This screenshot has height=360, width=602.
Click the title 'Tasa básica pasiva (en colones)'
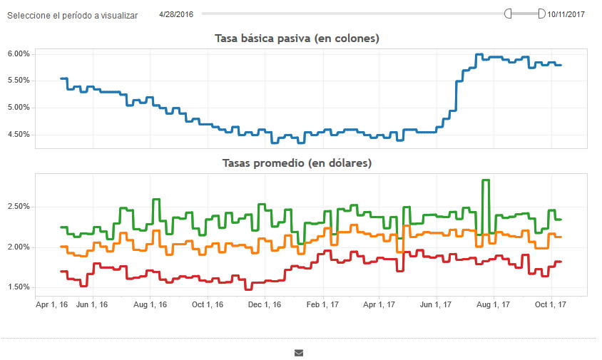(x=297, y=38)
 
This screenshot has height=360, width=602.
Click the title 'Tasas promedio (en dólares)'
(x=297, y=163)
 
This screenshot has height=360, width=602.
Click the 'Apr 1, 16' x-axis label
(x=52, y=304)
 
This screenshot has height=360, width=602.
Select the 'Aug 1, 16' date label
(x=150, y=304)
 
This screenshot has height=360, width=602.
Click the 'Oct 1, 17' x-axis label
(x=550, y=304)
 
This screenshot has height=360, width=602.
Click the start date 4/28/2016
(x=176, y=14)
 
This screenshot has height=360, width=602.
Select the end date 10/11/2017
(x=566, y=14)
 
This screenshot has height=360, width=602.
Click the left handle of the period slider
(x=508, y=14)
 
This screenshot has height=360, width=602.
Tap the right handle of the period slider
(x=541, y=14)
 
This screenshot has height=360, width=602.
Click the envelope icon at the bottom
(x=299, y=352)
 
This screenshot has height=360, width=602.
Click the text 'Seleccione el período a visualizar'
(x=72, y=15)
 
